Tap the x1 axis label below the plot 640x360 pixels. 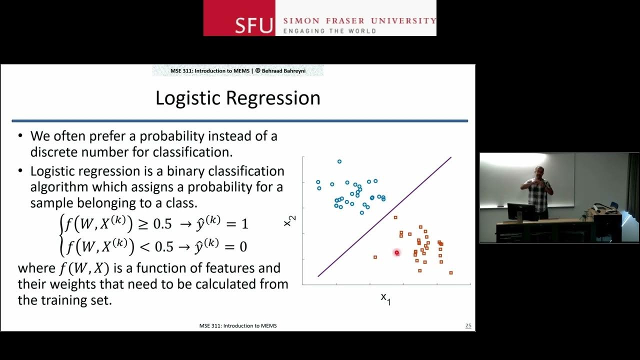(385, 298)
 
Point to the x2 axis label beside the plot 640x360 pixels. (288, 220)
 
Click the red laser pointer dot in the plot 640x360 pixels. (397, 253)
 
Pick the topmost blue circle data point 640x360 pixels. (339, 161)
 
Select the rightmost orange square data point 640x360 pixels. (451, 272)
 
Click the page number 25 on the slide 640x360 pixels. (468, 326)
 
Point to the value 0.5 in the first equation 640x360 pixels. (162, 224)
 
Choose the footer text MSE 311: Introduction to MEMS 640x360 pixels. (237, 326)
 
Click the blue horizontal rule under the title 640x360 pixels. (240, 121)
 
